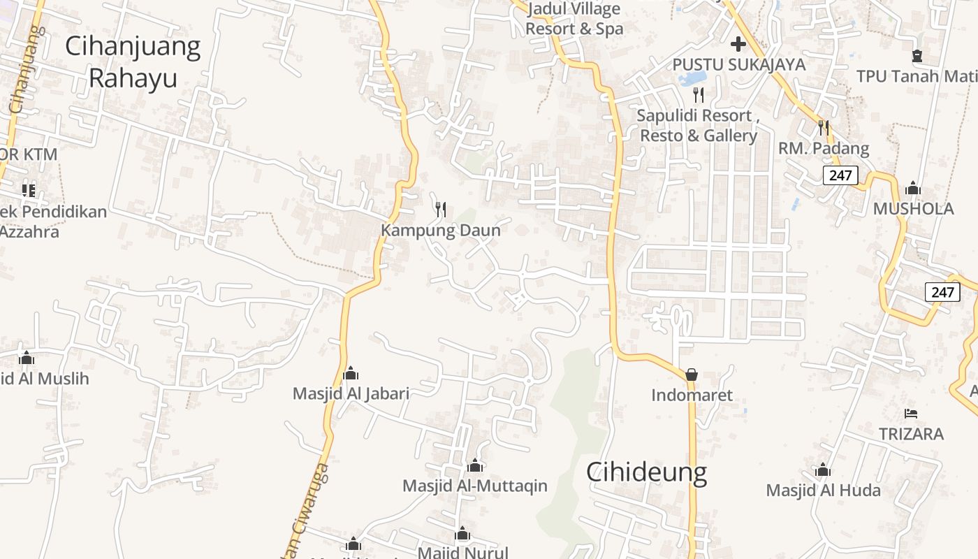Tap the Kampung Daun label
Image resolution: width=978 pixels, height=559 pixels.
pyautogui.click(x=441, y=231)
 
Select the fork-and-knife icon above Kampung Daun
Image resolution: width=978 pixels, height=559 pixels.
pyautogui.click(x=441, y=209)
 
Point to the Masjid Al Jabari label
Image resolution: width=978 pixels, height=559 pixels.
pyautogui.click(x=351, y=393)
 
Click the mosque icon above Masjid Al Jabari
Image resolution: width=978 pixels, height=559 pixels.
pyautogui.click(x=351, y=373)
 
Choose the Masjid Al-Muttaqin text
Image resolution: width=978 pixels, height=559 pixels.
pyautogui.click(x=475, y=486)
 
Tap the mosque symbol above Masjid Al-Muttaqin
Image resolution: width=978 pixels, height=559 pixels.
pyautogui.click(x=475, y=465)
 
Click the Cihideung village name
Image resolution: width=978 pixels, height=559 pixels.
pyautogui.click(x=646, y=472)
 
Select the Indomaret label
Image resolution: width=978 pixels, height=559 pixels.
pyautogui.click(x=692, y=395)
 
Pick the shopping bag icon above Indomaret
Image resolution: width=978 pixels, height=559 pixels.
pyautogui.click(x=692, y=375)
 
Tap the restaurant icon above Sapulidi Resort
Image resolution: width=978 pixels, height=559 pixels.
pyautogui.click(x=699, y=94)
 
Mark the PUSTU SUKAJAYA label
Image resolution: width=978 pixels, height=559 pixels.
pyautogui.click(x=738, y=65)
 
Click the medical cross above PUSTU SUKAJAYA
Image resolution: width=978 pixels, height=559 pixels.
pyautogui.click(x=738, y=45)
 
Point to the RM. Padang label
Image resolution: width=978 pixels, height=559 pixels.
pyautogui.click(x=824, y=149)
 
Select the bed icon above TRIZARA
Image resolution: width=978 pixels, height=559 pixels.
pyautogui.click(x=910, y=414)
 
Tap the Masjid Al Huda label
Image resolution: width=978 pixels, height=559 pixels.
pyautogui.click(x=823, y=490)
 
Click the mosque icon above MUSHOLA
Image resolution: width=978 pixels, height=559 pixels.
pyautogui.click(x=912, y=189)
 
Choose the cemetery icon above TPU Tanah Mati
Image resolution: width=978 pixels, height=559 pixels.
pyautogui.click(x=917, y=56)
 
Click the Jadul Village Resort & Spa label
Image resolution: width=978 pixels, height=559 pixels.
pyautogui.click(x=574, y=20)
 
